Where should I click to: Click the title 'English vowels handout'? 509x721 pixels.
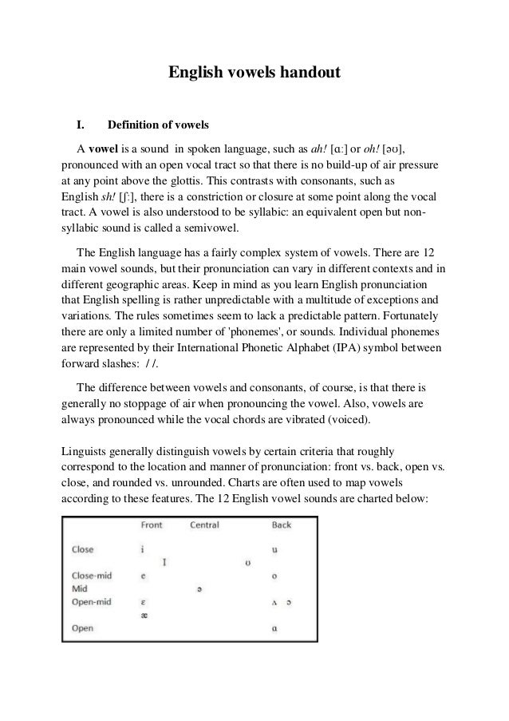tap(254, 73)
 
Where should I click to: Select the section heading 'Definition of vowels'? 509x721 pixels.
tap(158, 125)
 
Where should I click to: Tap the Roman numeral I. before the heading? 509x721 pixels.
tap(81, 125)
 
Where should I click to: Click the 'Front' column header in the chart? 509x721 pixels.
tap(152, 525)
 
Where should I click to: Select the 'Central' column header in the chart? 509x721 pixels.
tap(204, 525)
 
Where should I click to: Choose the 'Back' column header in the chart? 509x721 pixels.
tap(282, 525)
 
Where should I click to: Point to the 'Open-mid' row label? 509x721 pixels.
tap(90, 601)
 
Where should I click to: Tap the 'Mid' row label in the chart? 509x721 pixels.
tap(79, 588)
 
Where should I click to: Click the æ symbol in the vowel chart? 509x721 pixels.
tap(144, 615)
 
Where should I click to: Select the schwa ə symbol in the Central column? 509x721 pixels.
tap(199, 589)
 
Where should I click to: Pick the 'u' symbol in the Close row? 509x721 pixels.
tap(275, 549)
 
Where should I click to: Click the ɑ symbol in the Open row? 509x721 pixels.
tap(275, 628)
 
